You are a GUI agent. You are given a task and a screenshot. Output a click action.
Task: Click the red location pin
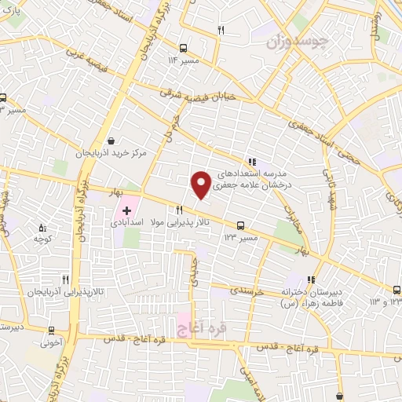pos(201,184)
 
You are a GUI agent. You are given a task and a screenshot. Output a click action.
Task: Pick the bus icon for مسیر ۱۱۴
pos(183,47)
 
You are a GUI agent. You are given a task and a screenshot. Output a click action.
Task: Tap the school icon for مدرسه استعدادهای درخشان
pos(252,161)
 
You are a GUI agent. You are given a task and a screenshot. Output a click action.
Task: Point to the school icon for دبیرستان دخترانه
pos(312,279)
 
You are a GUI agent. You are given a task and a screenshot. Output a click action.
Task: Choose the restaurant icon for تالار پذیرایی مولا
pos(180,210)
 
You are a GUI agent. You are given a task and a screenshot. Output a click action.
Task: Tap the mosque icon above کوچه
pos(42,228)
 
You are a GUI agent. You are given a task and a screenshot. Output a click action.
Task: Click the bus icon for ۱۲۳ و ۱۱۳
pos(399,288)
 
